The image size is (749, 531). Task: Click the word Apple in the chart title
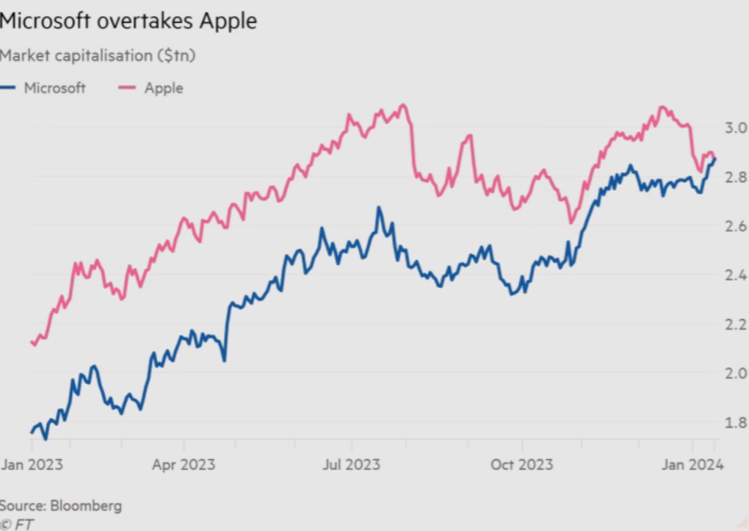pyautogui.click(x=225, y=21)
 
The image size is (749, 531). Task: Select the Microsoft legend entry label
pyautogui.click(x=55, y=88)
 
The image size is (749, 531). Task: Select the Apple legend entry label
pyautogui.click(x=163, y=88)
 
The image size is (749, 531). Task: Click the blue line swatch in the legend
pyautogui.click(x=10, y=88)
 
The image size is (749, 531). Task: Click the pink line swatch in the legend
pyautogui.click(x=127, y=88)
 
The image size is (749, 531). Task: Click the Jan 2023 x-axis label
pyautogui.click(x=32, y=464)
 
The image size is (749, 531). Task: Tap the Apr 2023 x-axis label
pyautogui.click(x=184, y=464)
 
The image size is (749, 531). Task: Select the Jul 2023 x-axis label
pyautogui.click(x=352, y=464)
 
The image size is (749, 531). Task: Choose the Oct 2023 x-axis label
pyautogui.click(x=522, y=464)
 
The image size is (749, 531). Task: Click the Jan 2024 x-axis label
pyautogui.click(x=694, y=464)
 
